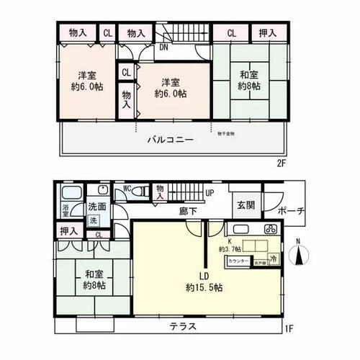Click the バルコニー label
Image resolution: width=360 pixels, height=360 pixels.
point(171,140)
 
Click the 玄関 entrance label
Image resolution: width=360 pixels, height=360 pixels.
point(245,205)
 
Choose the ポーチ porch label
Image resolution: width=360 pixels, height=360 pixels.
point(292,211)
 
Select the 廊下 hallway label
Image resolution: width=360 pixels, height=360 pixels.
point(189,212)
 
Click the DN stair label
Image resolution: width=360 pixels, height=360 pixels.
point(164,48)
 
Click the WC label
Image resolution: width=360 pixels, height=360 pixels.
point(127,189)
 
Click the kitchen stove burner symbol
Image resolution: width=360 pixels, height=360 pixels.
point(271,230)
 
